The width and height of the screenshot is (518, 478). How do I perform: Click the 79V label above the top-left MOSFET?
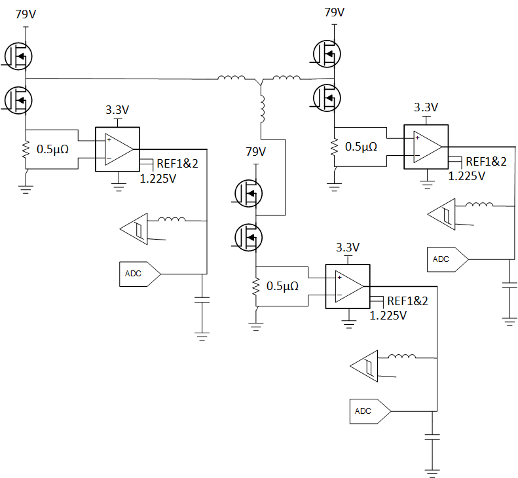tap(26, 14)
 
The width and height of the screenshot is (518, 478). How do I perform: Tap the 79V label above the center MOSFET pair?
tap(256, 152)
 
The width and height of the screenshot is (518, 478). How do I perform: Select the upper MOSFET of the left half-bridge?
tap(18, 56)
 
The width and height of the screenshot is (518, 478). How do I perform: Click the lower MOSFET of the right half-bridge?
tap(327, 98)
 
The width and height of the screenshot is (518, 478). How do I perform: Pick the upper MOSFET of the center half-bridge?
tap(248, 193)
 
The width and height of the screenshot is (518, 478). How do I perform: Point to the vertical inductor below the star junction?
tap(263, 109)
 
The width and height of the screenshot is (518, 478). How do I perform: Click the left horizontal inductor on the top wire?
tap(231, 78)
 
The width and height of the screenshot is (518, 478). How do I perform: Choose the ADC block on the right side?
tap(448, 259)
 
